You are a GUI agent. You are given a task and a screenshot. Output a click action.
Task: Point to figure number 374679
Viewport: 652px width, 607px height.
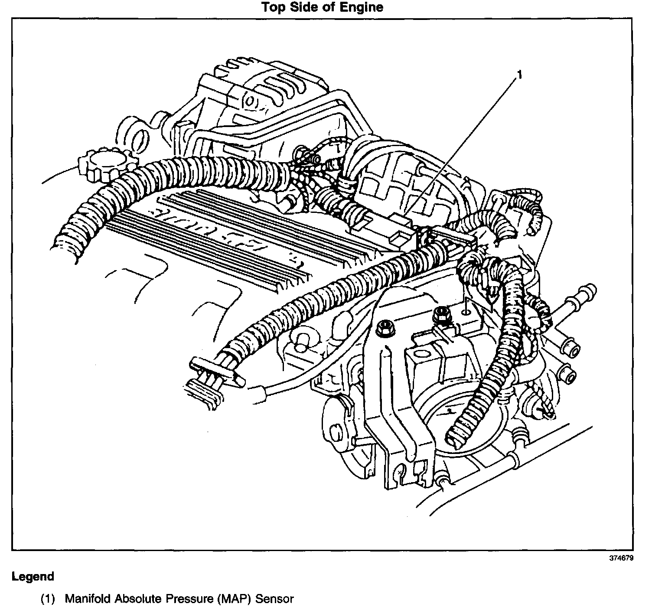coord(621,558)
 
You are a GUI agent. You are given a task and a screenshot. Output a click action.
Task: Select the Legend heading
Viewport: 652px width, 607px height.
coord(33,577)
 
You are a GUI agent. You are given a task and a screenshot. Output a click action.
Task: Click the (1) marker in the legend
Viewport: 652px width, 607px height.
coord(48,599)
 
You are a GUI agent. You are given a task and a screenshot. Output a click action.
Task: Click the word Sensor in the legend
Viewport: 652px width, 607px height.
coord(274,599)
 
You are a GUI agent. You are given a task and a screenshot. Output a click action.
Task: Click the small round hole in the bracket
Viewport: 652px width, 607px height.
coord(466,310)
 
